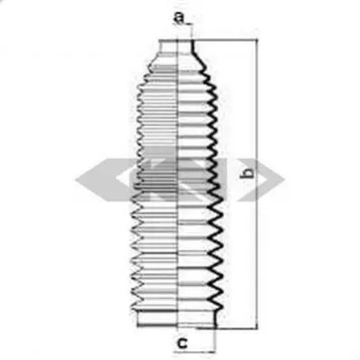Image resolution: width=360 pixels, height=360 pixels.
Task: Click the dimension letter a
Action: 179,18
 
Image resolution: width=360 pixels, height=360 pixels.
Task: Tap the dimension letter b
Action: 248,173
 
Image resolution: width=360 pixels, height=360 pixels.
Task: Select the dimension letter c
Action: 181,343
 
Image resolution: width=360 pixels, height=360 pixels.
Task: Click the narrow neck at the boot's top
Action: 177,46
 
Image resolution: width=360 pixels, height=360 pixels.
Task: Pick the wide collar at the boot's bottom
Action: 176,318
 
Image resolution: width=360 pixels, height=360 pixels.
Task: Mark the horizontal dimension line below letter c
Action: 195,352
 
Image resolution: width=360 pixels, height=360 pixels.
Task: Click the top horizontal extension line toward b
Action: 225,40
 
